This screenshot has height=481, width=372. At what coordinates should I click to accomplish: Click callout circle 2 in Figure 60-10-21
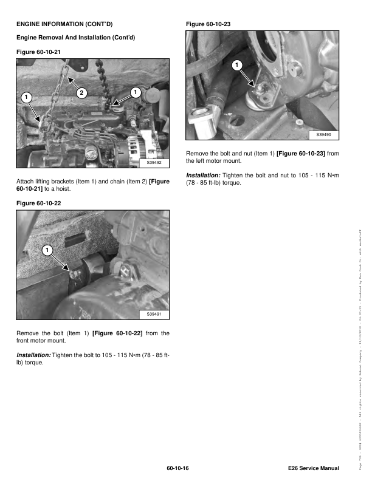point(80,92)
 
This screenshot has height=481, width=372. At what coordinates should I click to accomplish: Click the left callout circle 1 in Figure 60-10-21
point(26,97)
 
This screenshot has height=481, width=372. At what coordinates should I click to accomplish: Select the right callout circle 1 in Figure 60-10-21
point(135,92)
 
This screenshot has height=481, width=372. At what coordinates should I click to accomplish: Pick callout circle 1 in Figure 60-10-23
point(236,65)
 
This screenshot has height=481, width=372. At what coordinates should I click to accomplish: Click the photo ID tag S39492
point(154,163)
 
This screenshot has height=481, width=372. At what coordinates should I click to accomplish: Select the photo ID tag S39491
point(154,314)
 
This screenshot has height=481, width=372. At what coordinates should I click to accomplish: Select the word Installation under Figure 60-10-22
point(33,354)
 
